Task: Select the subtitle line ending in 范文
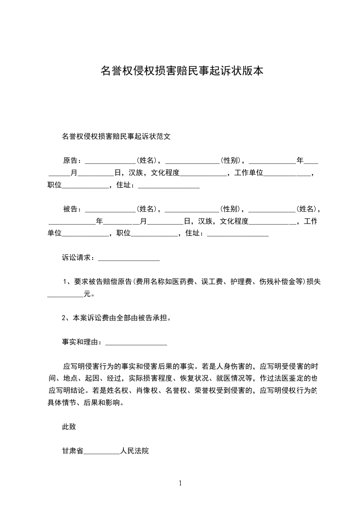[116, 136]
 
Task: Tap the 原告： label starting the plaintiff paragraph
[73, 160]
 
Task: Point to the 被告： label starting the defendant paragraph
[73, 209]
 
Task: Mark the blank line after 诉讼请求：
[129, 259]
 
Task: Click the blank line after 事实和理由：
[136, 343]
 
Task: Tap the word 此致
[69, 426]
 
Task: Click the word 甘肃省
[73, 451]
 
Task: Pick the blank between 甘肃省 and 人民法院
[102, 452]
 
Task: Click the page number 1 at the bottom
[181, 483]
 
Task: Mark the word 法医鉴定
[291, 378]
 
